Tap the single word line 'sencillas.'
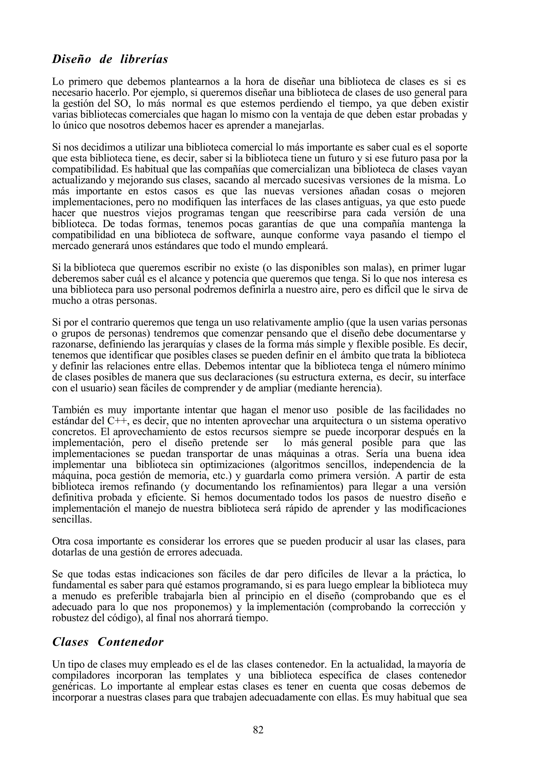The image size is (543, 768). [x=72, y=519]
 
